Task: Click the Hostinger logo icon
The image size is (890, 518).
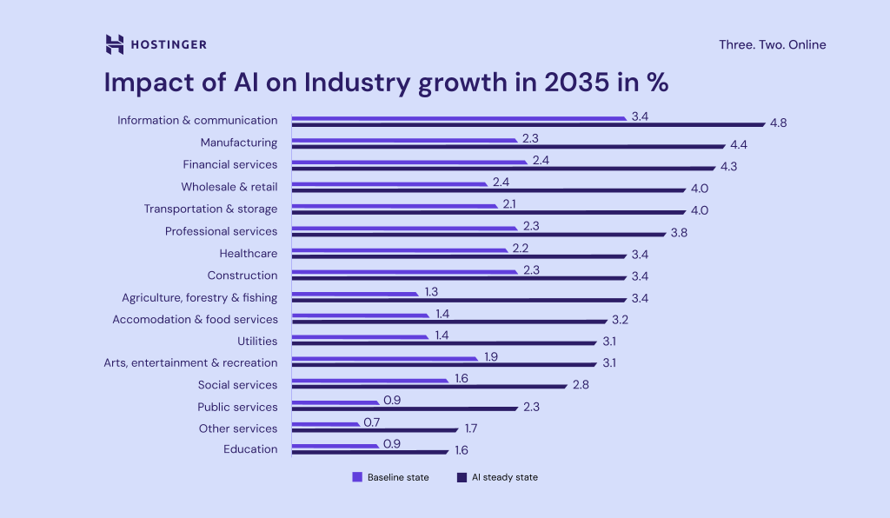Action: (x=114, y=44)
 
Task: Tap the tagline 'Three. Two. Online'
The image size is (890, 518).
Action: (x=772, y=44)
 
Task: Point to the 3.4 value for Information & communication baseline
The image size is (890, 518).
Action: (x=640, y=116)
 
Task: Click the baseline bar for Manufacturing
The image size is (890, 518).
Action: (x=405, y=140)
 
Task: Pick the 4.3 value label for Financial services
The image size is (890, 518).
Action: (x=728, y=166)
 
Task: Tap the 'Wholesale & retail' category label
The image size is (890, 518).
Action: (x=229, y=187)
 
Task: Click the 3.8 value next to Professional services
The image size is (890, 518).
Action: (x=679, y=233)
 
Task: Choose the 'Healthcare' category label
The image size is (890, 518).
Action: (x=249, y=253)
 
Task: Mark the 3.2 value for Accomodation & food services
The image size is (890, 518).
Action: (x=619, y=320)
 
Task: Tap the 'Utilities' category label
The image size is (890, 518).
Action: (x=257, y=341)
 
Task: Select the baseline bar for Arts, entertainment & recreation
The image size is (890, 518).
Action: (x=385, y=359)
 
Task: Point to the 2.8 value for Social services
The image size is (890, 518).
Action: (x=581, y=385)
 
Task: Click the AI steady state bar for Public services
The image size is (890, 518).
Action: (x=405, y=408)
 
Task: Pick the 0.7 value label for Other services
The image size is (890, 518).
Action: (x=372, y=422)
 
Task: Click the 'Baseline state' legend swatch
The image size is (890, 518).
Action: (x=356, y=477)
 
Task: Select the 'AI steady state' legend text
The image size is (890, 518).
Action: (x=504, y=477)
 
